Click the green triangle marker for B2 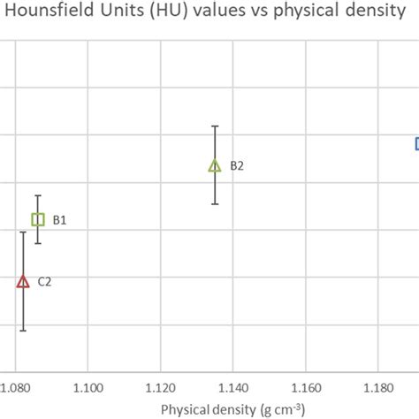pos(214,165)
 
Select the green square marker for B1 pos(38,219)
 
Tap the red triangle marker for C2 pos(23,282)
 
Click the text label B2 pos(237,165)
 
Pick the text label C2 pos(44,282)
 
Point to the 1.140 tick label pos(232,388)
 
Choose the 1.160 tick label pos(305,388)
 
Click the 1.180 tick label pos(377,388)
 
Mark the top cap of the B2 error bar pos(214,126)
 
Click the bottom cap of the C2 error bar pos(23,331)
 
